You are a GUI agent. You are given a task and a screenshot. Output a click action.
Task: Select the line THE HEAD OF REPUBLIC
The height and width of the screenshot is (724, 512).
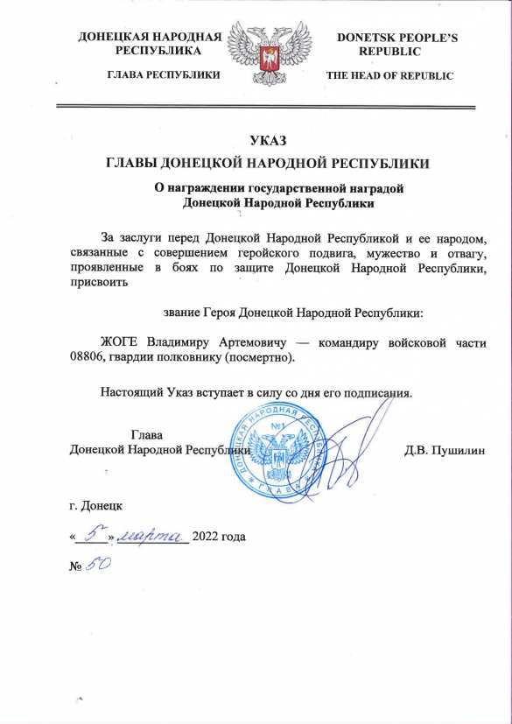389,76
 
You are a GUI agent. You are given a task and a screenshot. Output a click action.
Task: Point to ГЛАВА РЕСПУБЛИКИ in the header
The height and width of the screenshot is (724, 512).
163,76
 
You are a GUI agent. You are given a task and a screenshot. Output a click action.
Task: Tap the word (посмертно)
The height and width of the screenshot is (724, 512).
264,357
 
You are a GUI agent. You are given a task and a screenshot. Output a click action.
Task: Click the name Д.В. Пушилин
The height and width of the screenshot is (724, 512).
445,451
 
